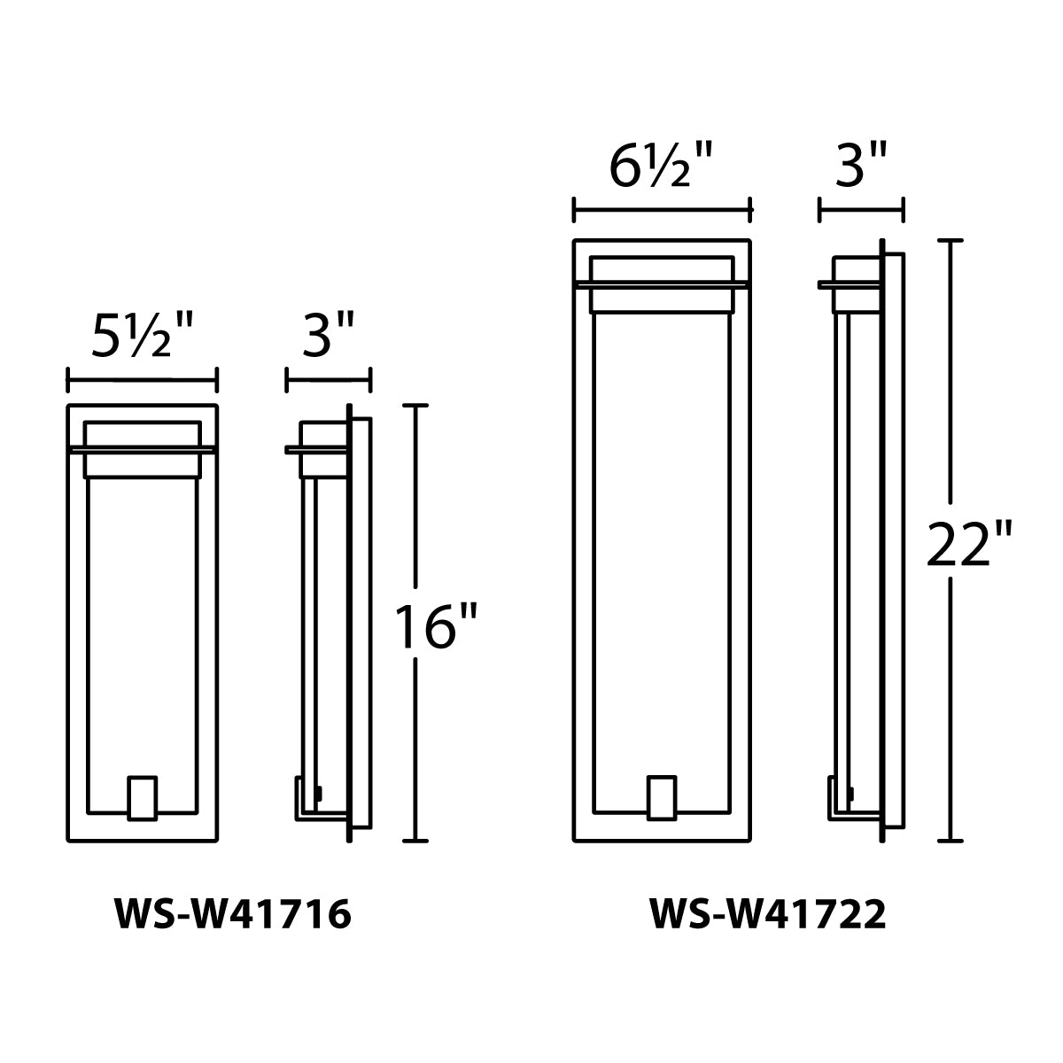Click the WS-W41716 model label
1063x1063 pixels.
[x=233, y=915]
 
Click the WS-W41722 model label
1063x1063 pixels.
[x=768, y=915]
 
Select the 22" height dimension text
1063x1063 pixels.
[x=969, y=543]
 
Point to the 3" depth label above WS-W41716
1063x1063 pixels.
[x=328, y=337]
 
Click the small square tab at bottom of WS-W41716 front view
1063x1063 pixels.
[x=142, y=798]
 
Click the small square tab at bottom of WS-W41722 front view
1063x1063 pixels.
[x=662, y=798]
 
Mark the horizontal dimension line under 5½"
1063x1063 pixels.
[x=142, y=381]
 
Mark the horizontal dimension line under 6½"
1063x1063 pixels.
[x=662, y=211]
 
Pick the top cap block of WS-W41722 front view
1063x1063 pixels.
[x=662, y=271]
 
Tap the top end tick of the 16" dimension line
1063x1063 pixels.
[x=415, y=406]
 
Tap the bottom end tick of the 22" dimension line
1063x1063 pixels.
[x=950, y=840]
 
